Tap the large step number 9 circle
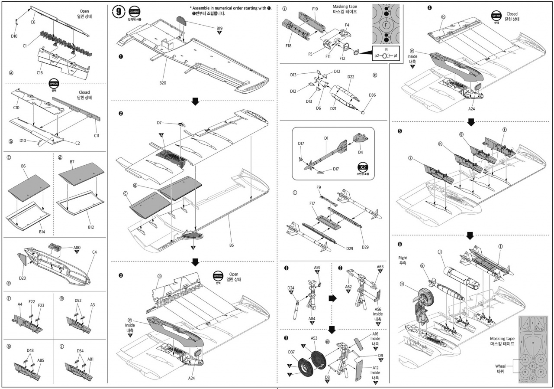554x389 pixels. [119, 12]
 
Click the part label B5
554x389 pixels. [232, 245]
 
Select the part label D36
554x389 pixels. [372, 95]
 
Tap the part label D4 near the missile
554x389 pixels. [361, 152]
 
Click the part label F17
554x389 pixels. [312, 203]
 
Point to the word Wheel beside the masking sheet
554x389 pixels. [500, 366]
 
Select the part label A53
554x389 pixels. [314, 339]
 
